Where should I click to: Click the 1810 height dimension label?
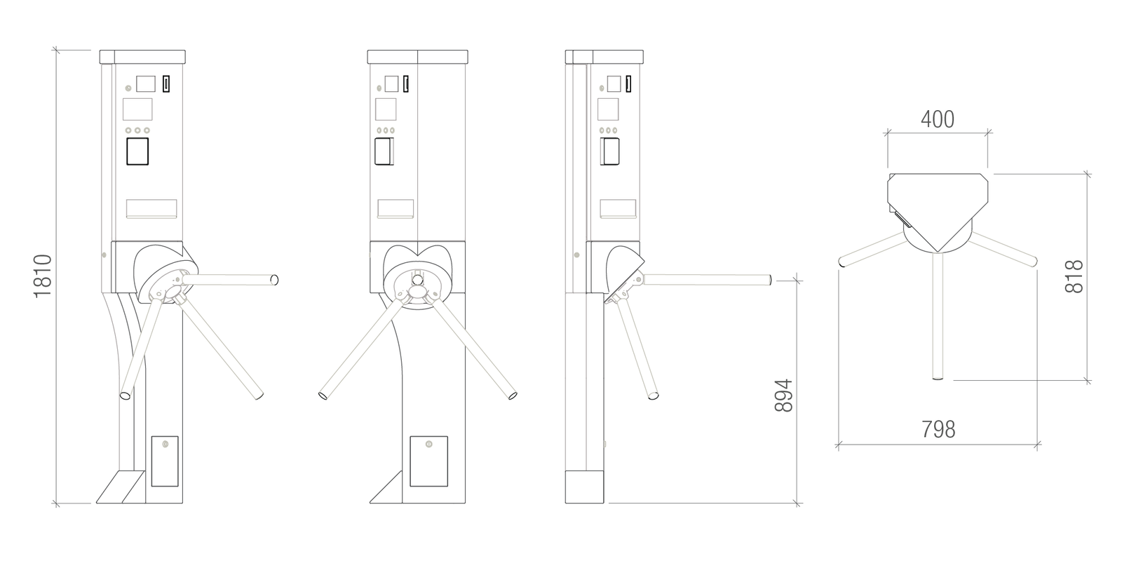click(x=43, y=276)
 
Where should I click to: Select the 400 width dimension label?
click(x=938, y=119)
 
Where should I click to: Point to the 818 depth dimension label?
click(x=1074, y=276)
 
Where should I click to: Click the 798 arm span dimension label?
click(x=938, y=429)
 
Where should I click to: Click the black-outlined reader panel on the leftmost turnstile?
click(x=137, y=151)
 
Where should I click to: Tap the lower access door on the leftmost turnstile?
click(x=165, y=461)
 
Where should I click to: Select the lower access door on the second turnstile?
click(x=428, y=461)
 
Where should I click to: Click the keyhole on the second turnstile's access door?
click(x=428, y=444)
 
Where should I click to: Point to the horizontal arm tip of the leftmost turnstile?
click(x=274, y=280)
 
